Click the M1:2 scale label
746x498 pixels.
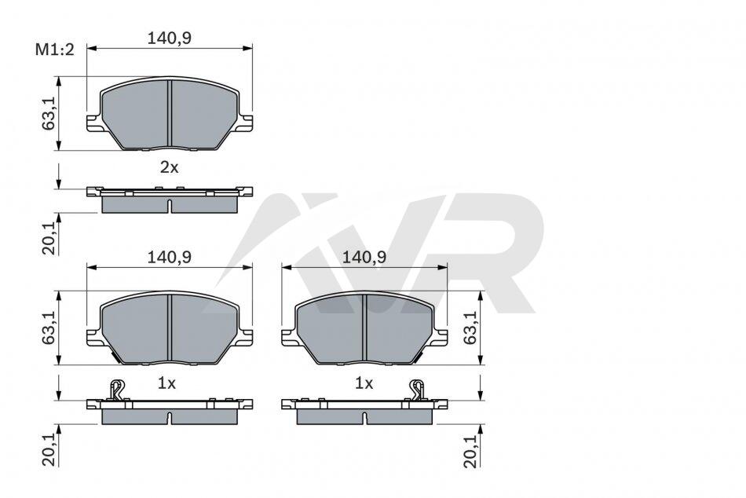pyautogui.click(x=55, y=49)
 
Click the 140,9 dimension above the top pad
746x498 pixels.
pyautogui.click(x=169, y=38)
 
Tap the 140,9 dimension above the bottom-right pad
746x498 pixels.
pyautogui.click(x=364, y=257)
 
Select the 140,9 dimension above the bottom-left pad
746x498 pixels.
pyautogui.click(x=169, y=257)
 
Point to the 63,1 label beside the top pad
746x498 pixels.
pyautogui.click(x=49, y=114)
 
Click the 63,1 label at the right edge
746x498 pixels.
pyautogui.click(x=470, y=328)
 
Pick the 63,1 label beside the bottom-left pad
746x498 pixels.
pyautogui.click(x=49, y=328)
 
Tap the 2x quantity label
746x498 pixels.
pyautogui.click(x=169, y=167)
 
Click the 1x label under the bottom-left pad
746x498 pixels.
pyautogui.click(x=166, y=383)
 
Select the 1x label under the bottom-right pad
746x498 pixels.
pyautogui.click(x=364, y=383)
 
